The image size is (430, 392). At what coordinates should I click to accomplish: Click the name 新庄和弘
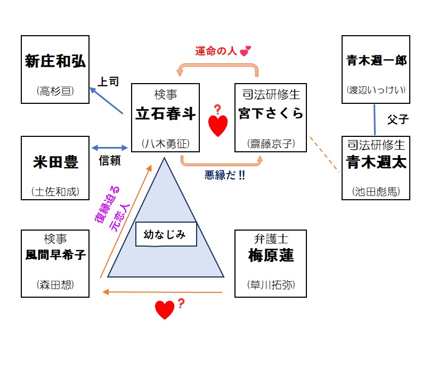point(55,61)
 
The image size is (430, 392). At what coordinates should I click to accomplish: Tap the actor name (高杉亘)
point(55,91)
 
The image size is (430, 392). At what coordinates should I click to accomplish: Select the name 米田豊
point(55,162)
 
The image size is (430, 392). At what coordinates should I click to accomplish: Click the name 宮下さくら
point(271,115)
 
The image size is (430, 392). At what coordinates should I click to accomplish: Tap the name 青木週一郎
point(376,61)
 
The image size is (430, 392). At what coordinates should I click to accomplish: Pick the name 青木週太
point(376,162)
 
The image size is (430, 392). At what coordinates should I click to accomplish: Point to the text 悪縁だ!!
point(224,175)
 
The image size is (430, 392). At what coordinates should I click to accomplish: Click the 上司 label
point(108,82)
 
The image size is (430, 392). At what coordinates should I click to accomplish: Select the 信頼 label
point(110,160)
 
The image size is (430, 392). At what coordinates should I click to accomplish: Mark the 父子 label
point(397,119)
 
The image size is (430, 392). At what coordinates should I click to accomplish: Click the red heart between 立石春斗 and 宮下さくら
point(217,126)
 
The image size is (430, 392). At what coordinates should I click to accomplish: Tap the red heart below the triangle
point(165,309)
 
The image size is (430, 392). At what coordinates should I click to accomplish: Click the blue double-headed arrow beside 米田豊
point(110,148)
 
